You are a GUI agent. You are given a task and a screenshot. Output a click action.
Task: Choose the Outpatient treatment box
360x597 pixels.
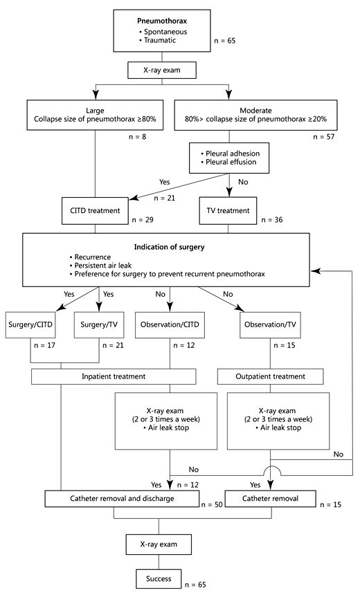tap(271, 376)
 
